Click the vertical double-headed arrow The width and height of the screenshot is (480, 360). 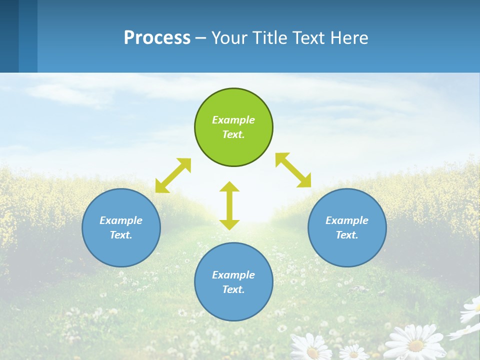tap(229, 205)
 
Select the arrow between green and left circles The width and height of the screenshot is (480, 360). tap(173, 175)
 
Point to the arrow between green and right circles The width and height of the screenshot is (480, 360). tap(293, 170)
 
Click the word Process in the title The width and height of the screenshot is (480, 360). tap(157, 37)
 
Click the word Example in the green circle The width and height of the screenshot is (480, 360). tap(233, 120)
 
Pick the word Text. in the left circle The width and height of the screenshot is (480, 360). tap(121, 235)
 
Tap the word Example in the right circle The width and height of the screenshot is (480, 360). tap(347, 220)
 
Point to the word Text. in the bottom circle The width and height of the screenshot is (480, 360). tap(233, 289)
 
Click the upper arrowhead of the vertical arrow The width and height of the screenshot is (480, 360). tap(229, 187)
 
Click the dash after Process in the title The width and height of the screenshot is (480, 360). tap(201, 38)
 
